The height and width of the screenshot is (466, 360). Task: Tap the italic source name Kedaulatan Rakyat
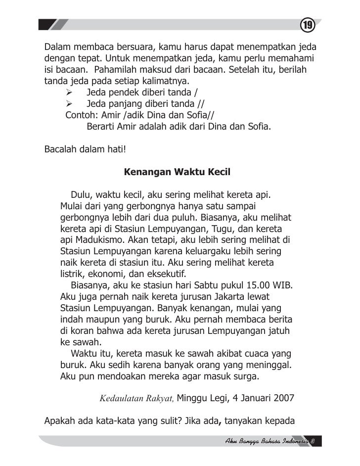tap(136, 398)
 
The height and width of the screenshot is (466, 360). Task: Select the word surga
tap(245, 376)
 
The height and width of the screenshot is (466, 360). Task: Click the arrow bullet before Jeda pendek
tap(70, 92)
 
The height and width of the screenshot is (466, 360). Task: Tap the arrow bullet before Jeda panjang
tap(70, 103)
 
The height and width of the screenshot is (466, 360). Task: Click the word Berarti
tap(101, 126)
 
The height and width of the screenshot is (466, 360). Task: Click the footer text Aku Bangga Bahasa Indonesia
tap(268, 440)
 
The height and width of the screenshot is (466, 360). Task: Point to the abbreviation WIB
tap(283, 285)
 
